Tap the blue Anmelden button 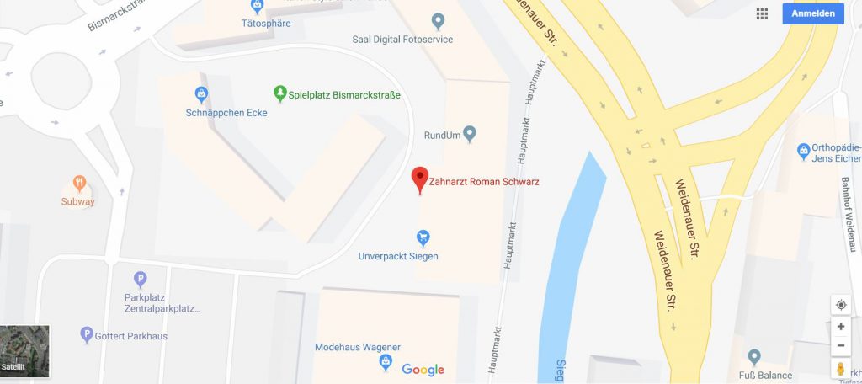pyautogui.click(x=812, y=13)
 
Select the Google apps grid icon pyautogui.click(x=762, y=13)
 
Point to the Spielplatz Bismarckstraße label pyautogui.click(x=344, y=94)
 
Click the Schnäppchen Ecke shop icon pyautogui.click(x=201, y=93)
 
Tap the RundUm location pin pyautogui.click(x=470, y=132)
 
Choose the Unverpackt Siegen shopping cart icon pyautogui.click(x=423, y=237)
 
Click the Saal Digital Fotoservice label pyautogui.click(x=403, y=39)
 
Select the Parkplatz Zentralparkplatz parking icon pyautogui.click(x=141, y=279)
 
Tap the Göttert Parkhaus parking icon pyautogui.click(x=86, y=335)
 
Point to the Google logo pyautogui.click(x=423, y=369)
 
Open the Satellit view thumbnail pyautogui.click(x=24, y=350)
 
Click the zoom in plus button pyautogui.click(x=840, y=327)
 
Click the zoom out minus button pyautogui.click(x=840, y=346)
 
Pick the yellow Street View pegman pyautogui.click(x=840, y=369)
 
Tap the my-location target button pyautogui.click(x=840, y=304)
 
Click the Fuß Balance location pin pyautogui.click(x=754, y=356)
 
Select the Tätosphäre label pyautogui.click(x=265, y=24)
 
